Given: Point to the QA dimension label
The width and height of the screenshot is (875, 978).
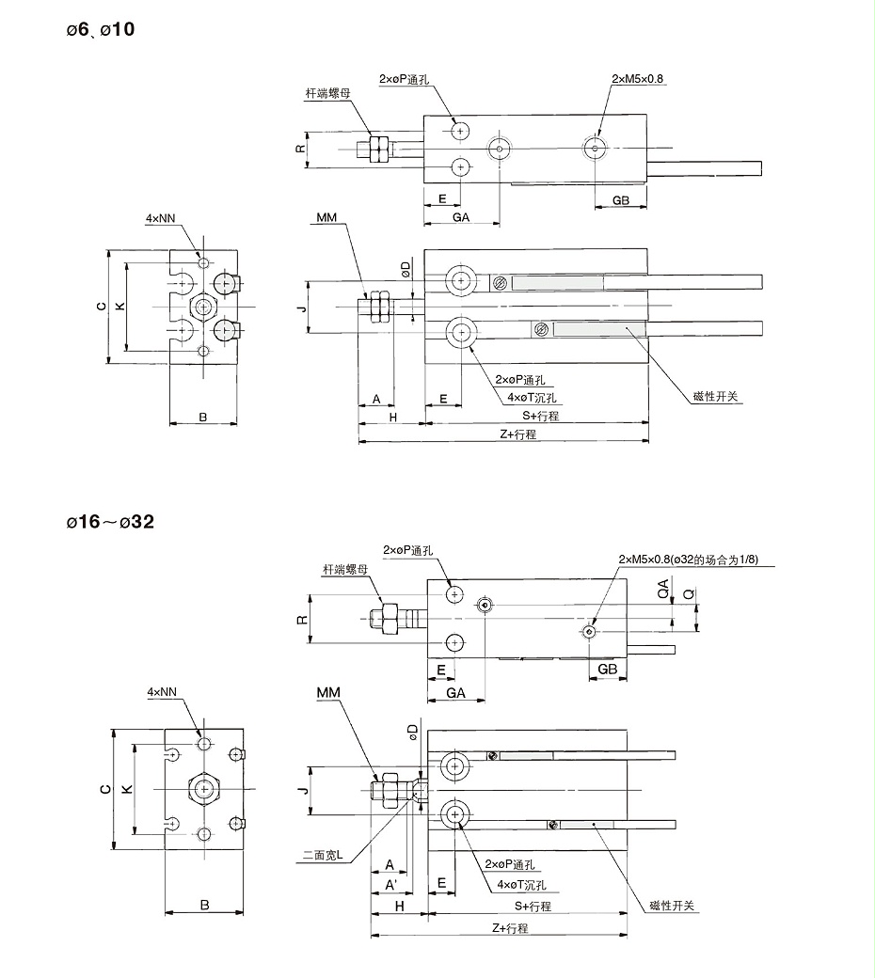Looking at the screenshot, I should coord(663,590).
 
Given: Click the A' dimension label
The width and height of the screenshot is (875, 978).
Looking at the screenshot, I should coord(389,885).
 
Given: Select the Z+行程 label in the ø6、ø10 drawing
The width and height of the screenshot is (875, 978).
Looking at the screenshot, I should coord(517,434).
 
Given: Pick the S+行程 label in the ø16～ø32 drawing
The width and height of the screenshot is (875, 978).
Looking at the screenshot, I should coord(533,907).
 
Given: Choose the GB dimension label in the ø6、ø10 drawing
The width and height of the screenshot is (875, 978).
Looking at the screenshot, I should coord(621,200).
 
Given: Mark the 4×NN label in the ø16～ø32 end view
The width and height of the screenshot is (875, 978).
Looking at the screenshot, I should coord(162,692).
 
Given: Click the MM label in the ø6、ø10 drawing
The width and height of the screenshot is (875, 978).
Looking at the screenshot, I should coord(326,217).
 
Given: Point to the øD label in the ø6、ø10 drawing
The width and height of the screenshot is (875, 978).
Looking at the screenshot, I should coord(406,269).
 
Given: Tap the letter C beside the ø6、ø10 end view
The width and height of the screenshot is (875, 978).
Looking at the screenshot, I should coord(101,306).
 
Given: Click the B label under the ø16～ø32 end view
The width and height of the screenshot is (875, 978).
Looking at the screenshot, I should coord(204,906).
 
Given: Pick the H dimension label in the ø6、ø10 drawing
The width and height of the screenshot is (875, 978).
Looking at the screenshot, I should coord(393,416).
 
